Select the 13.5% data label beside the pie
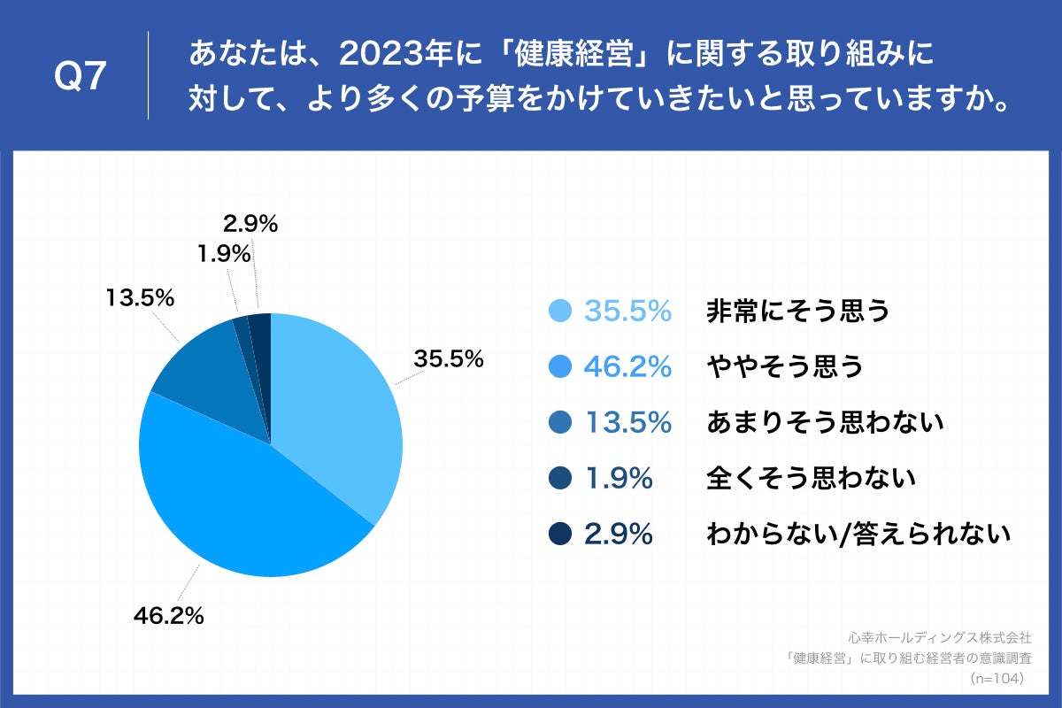[140, 297]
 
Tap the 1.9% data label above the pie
[222, 255]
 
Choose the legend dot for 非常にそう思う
[559, 312]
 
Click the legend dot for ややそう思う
[559, 367]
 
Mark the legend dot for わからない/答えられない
[559, 535]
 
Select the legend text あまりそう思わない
[825, 423]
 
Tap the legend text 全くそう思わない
[810, 479]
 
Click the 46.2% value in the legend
[627, 367]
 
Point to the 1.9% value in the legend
[619, 479]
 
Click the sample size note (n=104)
[997, 678]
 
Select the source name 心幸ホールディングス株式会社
[940, 636]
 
